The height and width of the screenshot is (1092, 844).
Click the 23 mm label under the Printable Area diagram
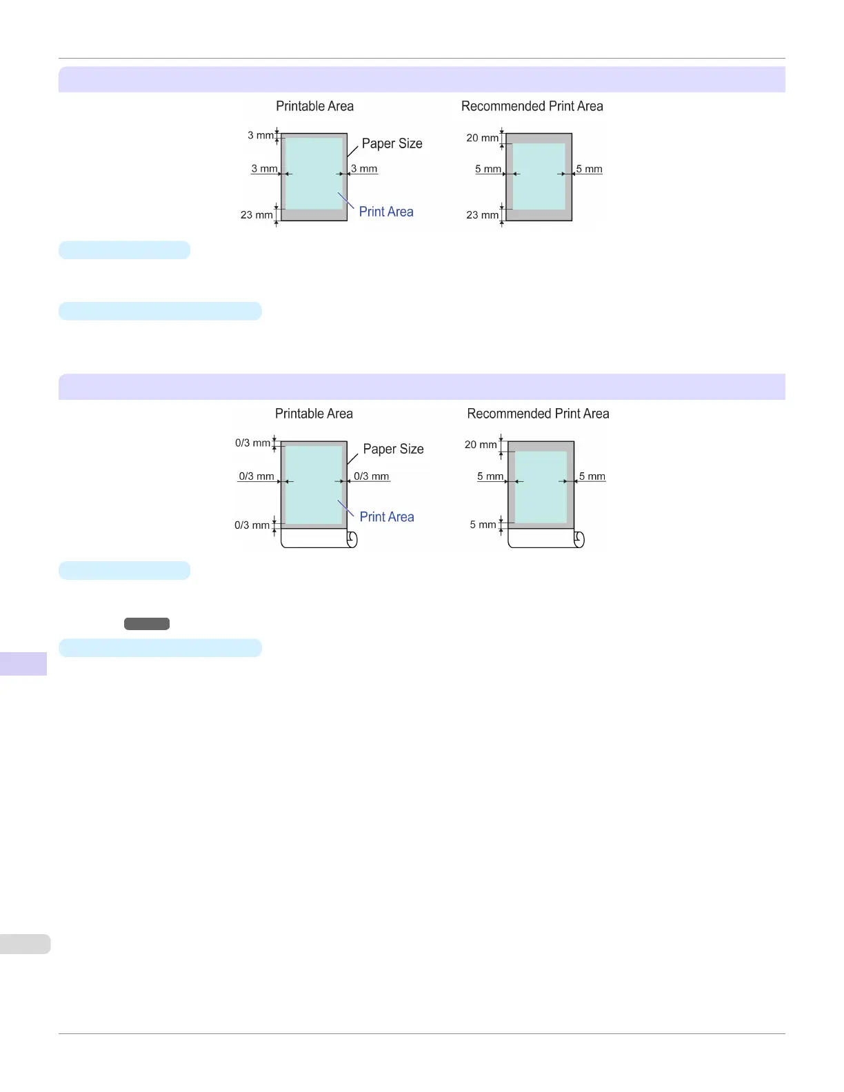click(257, 215)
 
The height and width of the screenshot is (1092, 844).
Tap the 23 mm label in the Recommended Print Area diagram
click(482, 215)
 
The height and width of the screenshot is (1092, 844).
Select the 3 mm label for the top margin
click(261, 135)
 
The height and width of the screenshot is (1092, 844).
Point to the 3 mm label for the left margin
click(264, 168)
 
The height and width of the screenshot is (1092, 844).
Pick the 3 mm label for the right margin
click(364, 168)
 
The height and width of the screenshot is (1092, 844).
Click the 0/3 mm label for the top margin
click(252, 443)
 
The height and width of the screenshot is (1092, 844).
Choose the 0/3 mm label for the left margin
click(256, 476)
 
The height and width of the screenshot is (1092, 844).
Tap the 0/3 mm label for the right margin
click(372, 476)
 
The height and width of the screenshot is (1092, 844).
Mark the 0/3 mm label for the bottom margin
click(252, 525)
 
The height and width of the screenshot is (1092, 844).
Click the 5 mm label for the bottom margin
click(483, 525)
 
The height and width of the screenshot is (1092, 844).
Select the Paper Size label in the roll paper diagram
click(393, 449)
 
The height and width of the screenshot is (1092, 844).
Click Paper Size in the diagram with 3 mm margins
click(392, 143)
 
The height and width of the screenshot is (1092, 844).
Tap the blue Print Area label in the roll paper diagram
click(387, 517)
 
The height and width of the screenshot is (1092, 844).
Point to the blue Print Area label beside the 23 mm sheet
click(386, 212)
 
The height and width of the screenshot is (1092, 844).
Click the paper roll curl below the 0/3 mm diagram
click(352, 538)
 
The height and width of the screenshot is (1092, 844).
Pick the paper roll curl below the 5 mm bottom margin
click(579, 538)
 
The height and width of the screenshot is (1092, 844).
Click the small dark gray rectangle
click(147, 624)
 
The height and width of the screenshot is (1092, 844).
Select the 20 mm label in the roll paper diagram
click(481, 445)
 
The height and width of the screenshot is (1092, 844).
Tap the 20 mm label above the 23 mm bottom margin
click(482, 138)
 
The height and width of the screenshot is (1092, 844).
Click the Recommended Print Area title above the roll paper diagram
click(538, 414)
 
